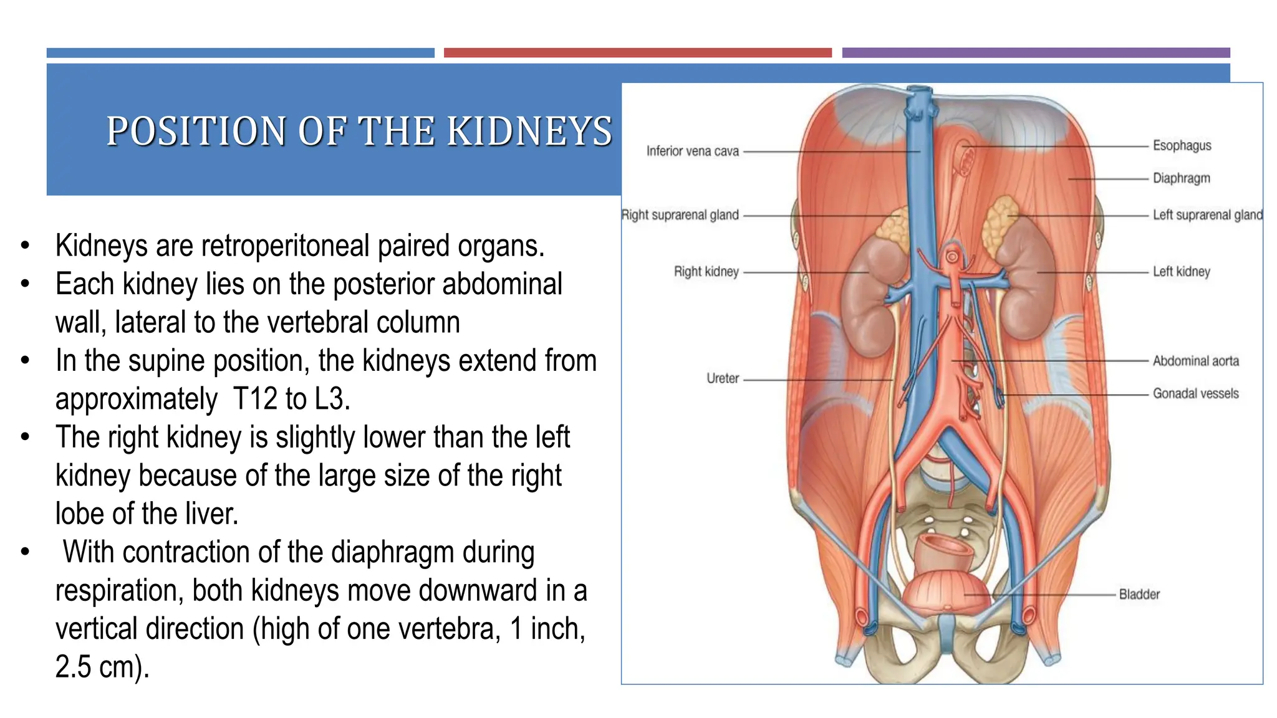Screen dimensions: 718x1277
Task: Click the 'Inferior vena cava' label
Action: [692, 151]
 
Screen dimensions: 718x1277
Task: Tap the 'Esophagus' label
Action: [1182, 146]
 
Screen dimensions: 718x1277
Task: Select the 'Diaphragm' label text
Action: [1181, 178]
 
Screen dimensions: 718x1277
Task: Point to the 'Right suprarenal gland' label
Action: [680, 215]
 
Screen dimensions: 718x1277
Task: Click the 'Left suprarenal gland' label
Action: [1207, 215]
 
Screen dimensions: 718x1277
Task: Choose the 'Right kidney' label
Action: [706, 272]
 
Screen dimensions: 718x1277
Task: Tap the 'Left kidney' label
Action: [1181, 272]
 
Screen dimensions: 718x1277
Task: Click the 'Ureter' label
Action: [722, 378]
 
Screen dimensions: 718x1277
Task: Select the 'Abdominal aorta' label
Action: [1195, 361]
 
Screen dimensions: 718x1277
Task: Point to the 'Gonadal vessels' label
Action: [1195, 394]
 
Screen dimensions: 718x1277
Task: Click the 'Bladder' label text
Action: [1139, 595]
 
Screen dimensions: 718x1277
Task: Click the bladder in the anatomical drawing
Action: [947, 592]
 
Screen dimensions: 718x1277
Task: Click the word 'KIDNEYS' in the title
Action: [530, 132]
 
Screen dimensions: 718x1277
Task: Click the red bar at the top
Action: [637, 53]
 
